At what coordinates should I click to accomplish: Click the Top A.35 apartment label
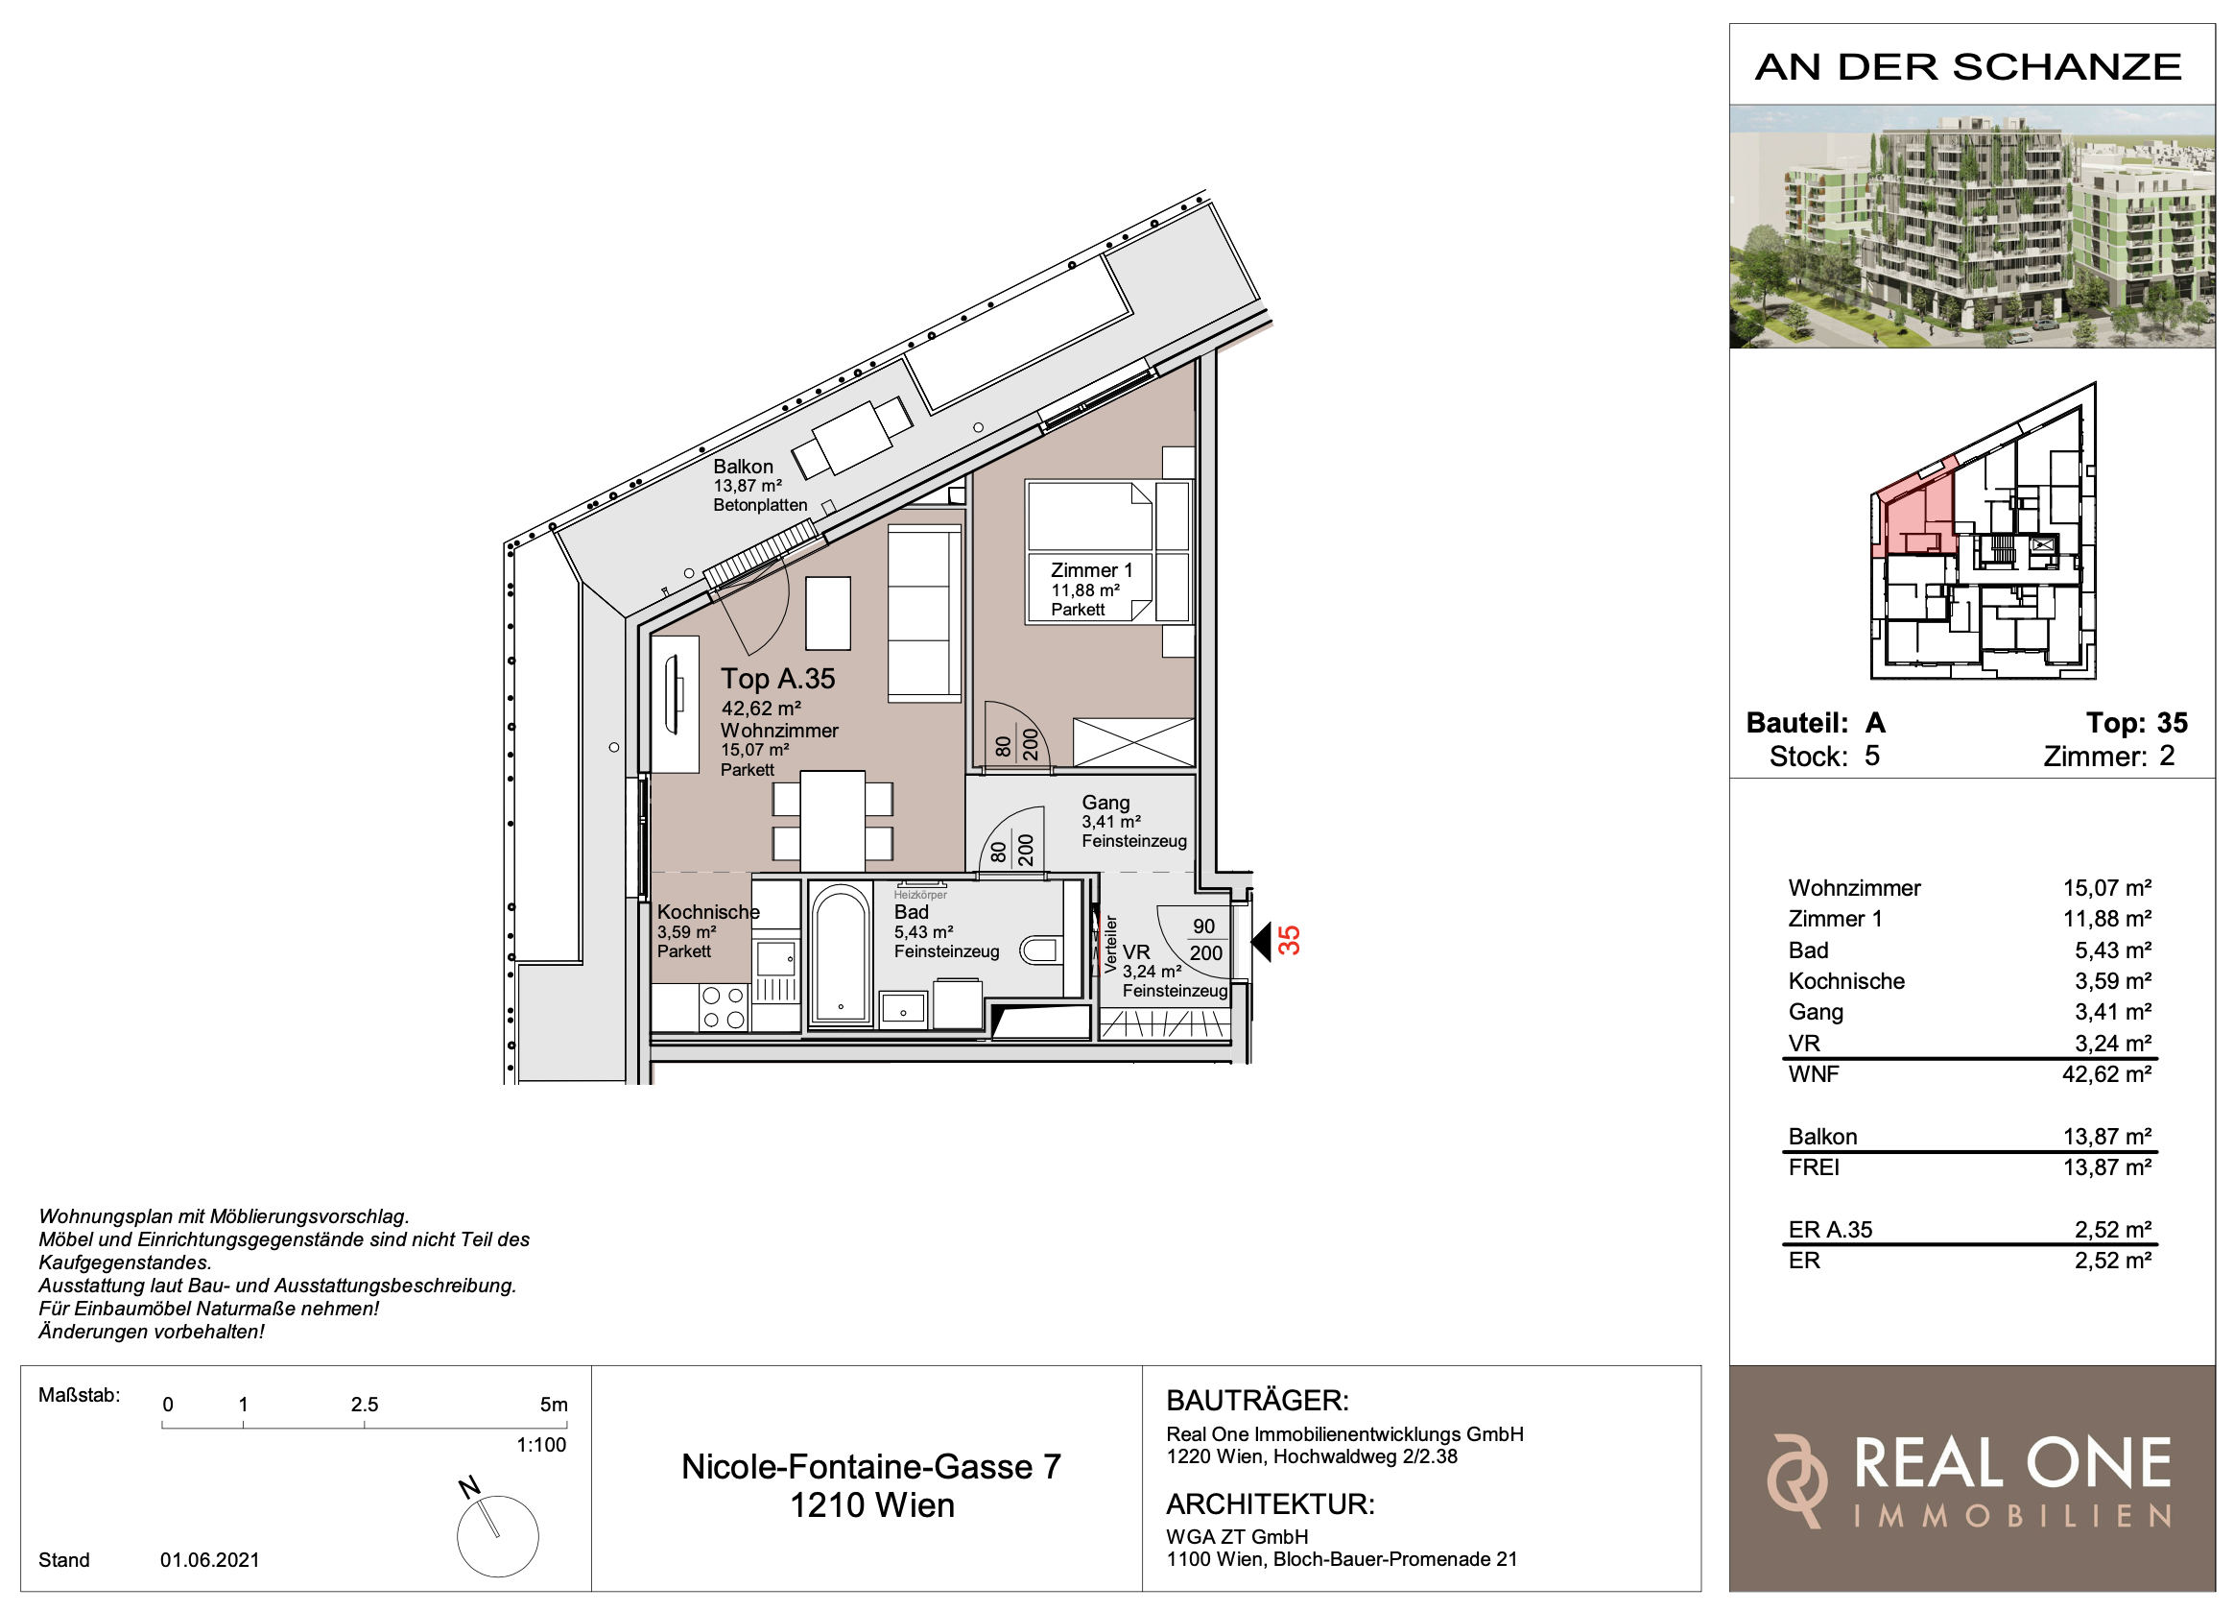coord(777,679)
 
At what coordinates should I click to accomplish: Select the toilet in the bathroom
coord(1041,950)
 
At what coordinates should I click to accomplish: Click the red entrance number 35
coord(1289,941)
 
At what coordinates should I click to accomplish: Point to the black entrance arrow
coord(1261,943)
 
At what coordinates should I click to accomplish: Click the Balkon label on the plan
coord(743,466)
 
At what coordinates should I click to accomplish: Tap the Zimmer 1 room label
coord(1091,570)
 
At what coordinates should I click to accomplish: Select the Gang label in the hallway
coord(1105,803)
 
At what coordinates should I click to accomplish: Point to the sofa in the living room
coord(924,613)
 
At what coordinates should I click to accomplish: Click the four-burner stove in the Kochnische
coord(723,1008)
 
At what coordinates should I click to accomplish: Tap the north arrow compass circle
coord(497,1536)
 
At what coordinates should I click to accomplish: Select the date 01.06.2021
coord(210,1560)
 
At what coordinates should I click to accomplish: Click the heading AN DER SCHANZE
coord(1968,67)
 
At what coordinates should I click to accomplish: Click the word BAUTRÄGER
coord(1257,1400)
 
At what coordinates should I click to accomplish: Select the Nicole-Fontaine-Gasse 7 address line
coord(870,1467)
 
